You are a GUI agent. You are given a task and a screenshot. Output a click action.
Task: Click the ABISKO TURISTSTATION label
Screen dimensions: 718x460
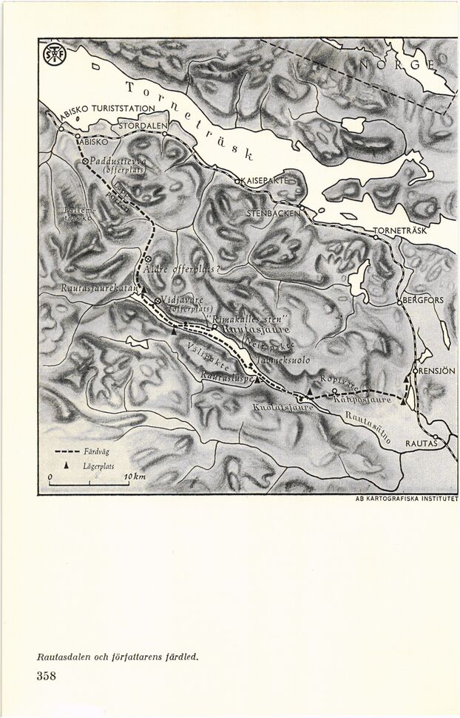pos(108,109)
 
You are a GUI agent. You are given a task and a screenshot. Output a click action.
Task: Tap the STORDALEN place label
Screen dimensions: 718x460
pos(143,126)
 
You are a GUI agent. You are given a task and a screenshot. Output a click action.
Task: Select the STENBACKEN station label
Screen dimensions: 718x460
pos(274,213)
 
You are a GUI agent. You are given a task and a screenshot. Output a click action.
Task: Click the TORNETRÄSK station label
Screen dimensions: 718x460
pos(400,231)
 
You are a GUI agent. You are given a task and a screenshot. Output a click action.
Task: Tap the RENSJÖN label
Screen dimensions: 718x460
pos(436,370)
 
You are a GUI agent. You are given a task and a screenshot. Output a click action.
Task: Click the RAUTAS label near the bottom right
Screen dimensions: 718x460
pos(421,443)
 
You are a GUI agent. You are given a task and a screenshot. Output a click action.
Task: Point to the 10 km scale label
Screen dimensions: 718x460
pos(135,479)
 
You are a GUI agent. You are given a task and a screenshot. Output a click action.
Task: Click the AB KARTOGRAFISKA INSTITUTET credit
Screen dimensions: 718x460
pos(407,499)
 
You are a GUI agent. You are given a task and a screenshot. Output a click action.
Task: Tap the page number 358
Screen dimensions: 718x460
pos(46,675)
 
